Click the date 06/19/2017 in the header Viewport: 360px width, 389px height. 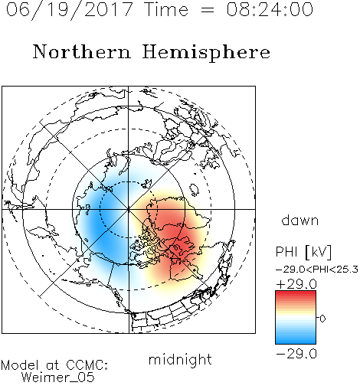coord(69,10)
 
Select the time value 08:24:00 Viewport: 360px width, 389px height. coord(270,10)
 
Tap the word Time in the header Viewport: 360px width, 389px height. coord(166,10)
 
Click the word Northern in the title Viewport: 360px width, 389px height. coord(82,51)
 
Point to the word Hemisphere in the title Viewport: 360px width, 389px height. coord(206,52)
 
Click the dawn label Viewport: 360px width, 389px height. coord(300,220)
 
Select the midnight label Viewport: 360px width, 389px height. coord(180,359)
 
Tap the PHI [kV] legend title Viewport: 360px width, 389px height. coord(303,252)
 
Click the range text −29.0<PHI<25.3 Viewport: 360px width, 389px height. coord(317,270)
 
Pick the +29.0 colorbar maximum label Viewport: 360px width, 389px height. coord(296,284)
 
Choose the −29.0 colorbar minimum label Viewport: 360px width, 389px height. coord(296,354)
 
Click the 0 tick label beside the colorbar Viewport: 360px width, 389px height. coord(322,319)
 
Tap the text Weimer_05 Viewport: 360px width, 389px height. coord(58,378)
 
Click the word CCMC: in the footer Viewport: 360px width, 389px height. coord(87,365)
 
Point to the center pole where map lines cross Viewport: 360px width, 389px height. coord(129,209)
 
